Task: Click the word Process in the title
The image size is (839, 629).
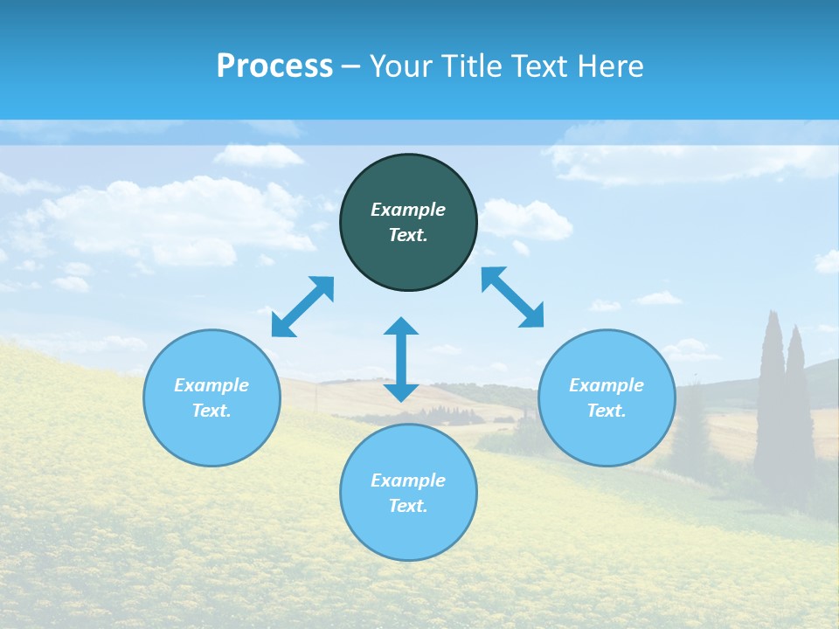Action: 274,66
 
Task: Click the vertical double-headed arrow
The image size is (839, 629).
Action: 401,360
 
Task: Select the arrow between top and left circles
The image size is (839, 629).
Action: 302,307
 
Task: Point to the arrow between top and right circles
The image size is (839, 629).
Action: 513,297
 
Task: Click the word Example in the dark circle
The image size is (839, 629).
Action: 408,210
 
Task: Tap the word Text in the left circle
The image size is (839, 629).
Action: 211,411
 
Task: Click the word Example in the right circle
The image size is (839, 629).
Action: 607,385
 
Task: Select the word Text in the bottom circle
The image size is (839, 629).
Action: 408,506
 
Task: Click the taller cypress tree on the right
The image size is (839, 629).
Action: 771,393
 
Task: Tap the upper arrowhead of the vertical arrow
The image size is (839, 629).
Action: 401,326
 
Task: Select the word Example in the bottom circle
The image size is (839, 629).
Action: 408,480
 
